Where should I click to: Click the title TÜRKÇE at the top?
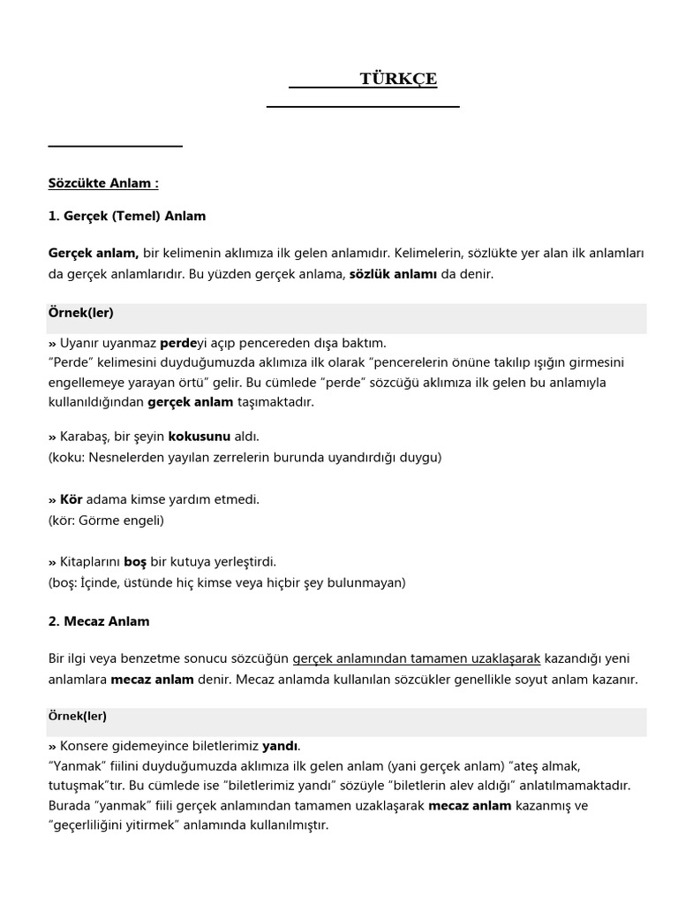tap(398, 80)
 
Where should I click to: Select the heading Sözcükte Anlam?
tap(103, 184)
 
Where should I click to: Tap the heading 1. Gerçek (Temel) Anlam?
tap(127, 216)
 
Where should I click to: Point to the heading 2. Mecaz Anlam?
tap(99, 621)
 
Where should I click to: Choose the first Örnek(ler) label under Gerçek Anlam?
tap(80, 313)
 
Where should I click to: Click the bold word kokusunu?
tap(199, 437)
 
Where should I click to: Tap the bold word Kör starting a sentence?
tap(71, 499)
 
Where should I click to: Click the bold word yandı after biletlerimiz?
tap(281, 745)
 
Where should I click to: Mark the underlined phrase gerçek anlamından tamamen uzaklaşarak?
tap(416, 659)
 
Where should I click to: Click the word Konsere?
tap(85, 745)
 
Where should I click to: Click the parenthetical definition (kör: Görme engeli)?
tap(106, 521)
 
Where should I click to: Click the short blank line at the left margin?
tap(115, 145)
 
